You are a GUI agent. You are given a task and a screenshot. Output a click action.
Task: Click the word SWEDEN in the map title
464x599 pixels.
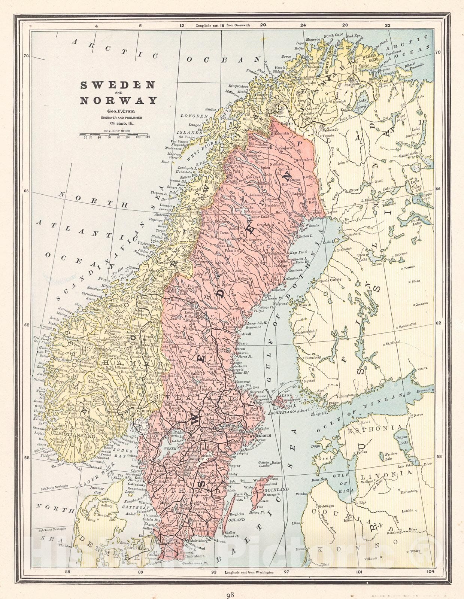[x=118, y=85]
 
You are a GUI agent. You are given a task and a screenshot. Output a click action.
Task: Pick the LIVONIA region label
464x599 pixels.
[x=386, y=474]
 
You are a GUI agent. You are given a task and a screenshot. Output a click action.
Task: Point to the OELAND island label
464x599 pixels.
[x=237, y=520]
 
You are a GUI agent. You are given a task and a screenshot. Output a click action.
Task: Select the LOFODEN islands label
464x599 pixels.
[x=194, y=116]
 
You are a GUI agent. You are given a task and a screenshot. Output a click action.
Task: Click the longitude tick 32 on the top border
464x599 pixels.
[x=387, y=25]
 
